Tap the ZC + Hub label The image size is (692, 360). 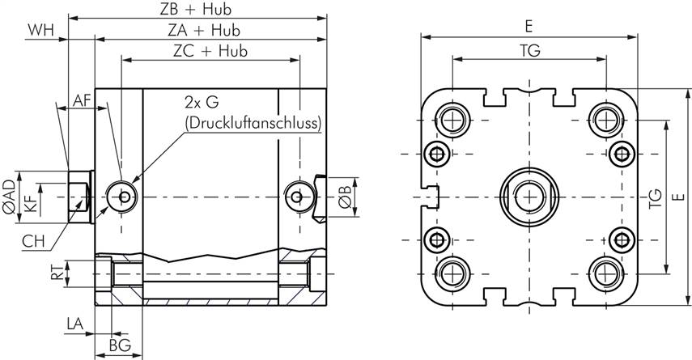click(210, 50)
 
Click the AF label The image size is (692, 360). click(82, 100)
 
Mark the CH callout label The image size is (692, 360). click(33, 240)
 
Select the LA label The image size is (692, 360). click(74, 324)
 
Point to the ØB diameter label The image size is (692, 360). click(343, 195)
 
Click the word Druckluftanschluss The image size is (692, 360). click(253, 123)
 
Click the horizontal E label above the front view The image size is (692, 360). click(529, 27)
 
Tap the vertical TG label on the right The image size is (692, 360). click(655, 197)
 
